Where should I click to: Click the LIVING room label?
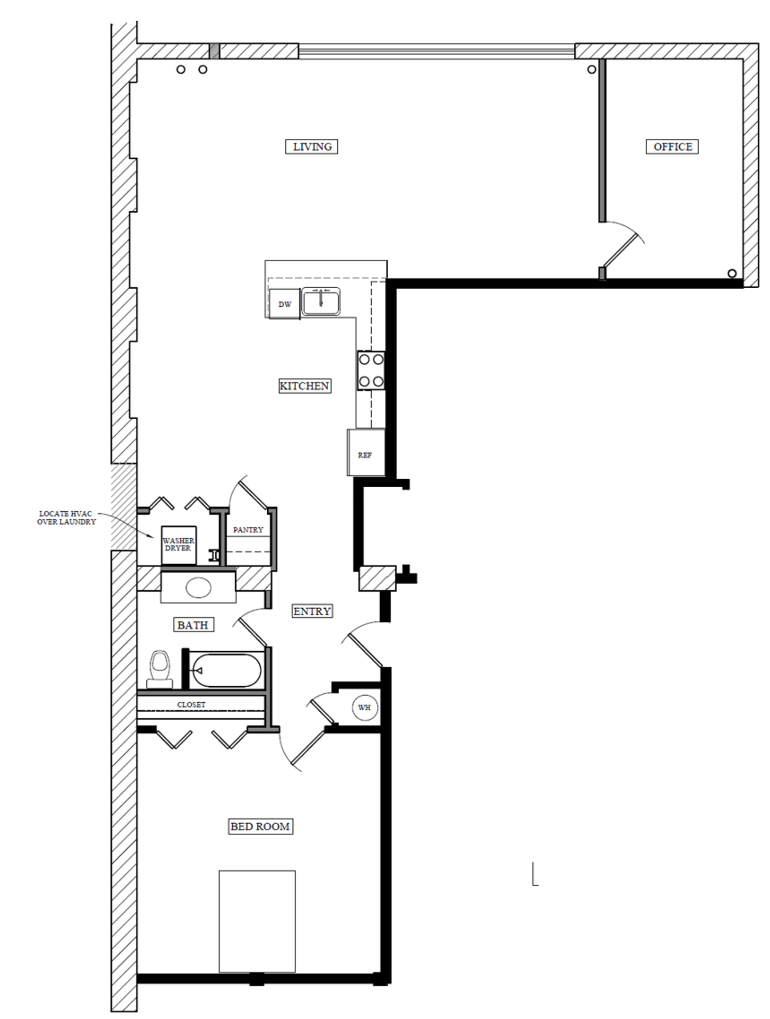pyautogui.click(x=312, y=146)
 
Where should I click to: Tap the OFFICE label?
pyautogui.click(x=672, y=146)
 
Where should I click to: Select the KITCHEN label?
pyautogui.click(x=305, y=386)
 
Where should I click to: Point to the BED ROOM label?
pyautogui.click(x=260, y=826)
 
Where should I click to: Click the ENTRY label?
pyautogui.click(x=312, y=611)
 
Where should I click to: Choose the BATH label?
pyautogui.click(x=193, y=625)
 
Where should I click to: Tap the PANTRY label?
pyautogui.click(x=248, y=530)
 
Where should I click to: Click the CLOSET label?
pyautogui.click(x=191, y=705)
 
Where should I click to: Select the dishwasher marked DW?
pyautogui.click(x=285, y=304)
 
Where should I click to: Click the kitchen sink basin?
pyautogui.click(x=321, y=302)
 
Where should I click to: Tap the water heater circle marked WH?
pyautogui.click(x=365, y=707)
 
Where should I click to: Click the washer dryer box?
pyautogui.click(x=179, y=545)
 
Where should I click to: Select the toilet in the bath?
pyautogui.click(x=161, y=669)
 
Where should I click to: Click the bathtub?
pyautogui.click(x=226, y=670)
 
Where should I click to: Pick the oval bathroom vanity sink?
pyautogui.click(x=198, y=588)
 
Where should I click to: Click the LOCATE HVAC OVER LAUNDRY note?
pyautogui.click(x=67, y=517)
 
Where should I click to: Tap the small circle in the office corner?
pyautogui.click(x=732, y=273)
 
